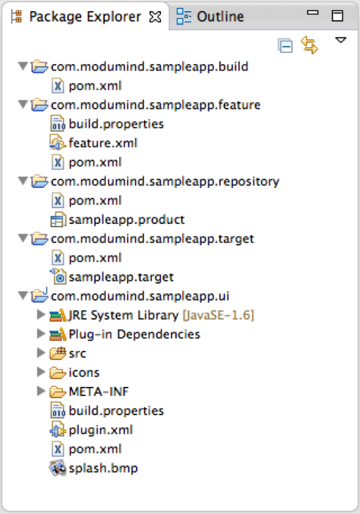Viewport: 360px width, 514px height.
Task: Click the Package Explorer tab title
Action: coord(85,17)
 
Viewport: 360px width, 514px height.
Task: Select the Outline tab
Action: coord(220,16)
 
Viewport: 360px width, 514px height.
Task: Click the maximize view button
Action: coord(337,16)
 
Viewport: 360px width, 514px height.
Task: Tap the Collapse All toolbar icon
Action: coord(285,45)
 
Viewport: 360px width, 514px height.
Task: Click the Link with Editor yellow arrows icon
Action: coord(309,45)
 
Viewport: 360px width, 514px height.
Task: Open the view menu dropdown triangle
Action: coord(340,40)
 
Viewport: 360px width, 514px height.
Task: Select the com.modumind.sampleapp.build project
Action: coord(149,67)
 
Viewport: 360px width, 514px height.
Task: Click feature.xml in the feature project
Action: coord(103,143)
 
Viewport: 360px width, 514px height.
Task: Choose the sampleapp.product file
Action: coord(126,219)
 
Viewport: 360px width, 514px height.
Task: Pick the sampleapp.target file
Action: coord(121,278)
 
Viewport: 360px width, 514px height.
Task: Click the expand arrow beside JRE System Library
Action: coord(41,314)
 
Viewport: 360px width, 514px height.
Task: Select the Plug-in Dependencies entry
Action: coord(134,334)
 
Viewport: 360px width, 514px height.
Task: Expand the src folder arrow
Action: coord(41,353)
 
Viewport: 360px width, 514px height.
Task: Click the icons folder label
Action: coord(84,373)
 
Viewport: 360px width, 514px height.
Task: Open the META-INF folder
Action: coord(99,392)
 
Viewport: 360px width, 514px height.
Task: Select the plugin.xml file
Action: coord(101,430)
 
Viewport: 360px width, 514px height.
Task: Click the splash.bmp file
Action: coord(103,468)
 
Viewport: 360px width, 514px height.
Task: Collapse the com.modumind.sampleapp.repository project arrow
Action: coord(23,181)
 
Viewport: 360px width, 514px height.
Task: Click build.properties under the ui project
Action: coord(117,411)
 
